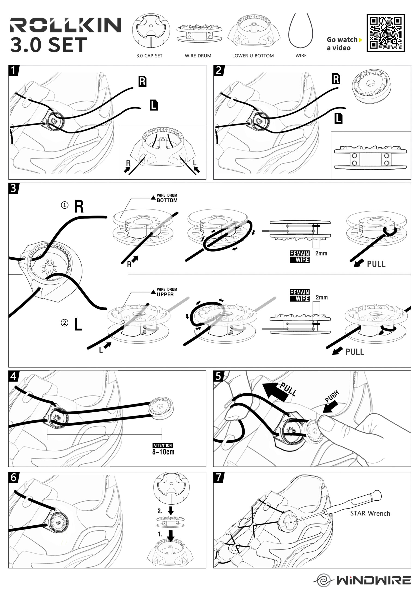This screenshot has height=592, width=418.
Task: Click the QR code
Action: tap(385, 33)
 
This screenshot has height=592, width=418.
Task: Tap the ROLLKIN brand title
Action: tap(65, 25)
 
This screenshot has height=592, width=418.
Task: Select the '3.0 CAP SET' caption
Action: tap(149, 56)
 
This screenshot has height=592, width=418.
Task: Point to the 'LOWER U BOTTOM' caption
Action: tap(253, 56)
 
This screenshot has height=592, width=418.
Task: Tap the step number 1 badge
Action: tap(13, 70)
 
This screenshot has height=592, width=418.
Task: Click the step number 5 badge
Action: tap(218, 376)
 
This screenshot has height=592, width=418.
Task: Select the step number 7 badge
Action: tap(218, 477)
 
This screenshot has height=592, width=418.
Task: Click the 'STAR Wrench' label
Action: tap(370, 513)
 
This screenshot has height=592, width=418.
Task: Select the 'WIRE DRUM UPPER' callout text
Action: tap(167, 292)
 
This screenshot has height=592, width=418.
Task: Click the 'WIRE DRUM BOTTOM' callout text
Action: tap(167, 198)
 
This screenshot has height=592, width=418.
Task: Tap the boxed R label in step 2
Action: tap(336, 79)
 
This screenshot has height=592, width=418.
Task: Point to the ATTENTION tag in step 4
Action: tap(163, 445)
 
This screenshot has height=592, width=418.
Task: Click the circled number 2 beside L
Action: tap(64, 323)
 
